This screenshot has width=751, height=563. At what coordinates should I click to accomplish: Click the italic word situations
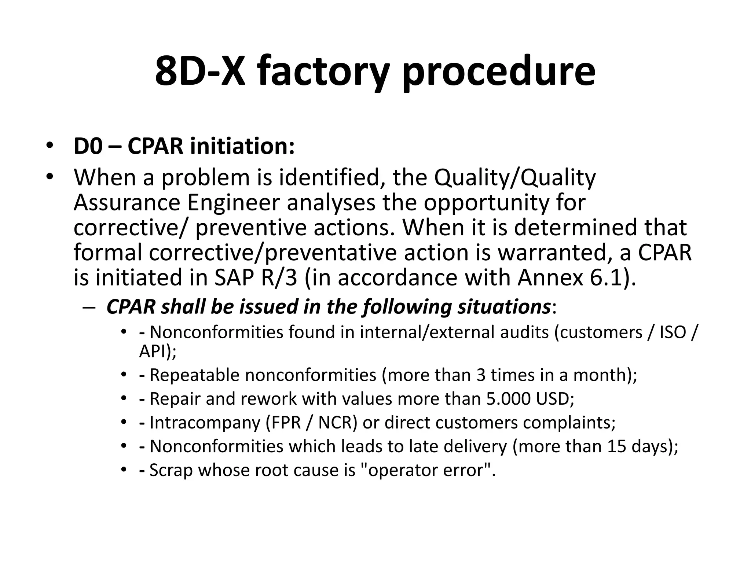coord(504,306)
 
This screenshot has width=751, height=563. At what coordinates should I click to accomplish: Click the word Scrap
coord(171,470)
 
